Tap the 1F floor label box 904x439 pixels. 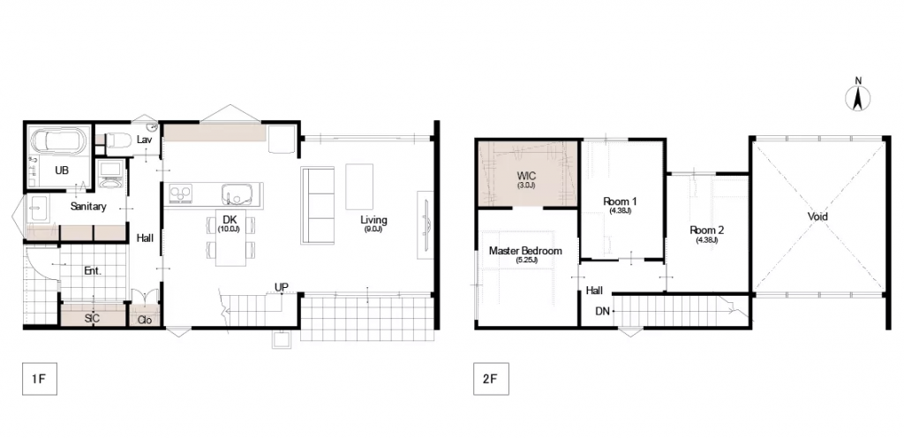(x=39, y=379)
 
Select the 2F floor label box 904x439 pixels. (x=491, y=379)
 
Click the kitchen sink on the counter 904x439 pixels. (x=237, y=193)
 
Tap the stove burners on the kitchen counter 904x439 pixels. (x=180, y=193)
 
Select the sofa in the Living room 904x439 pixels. (x=317, y=205)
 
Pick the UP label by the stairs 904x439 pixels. (x=282, y=287)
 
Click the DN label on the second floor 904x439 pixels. (x=602, y=311)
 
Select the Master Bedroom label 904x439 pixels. (x=525, y=251)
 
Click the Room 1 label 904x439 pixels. (x=620, y=201)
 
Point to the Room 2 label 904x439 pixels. (x=707, y=231)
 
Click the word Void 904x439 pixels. (x=817, y=216)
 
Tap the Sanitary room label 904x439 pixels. (x=88, y=207)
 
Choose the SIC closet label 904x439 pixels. (x=92, y=319)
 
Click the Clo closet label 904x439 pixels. (x=144, y=320)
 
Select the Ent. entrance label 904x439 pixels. (x=93, y=270)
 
